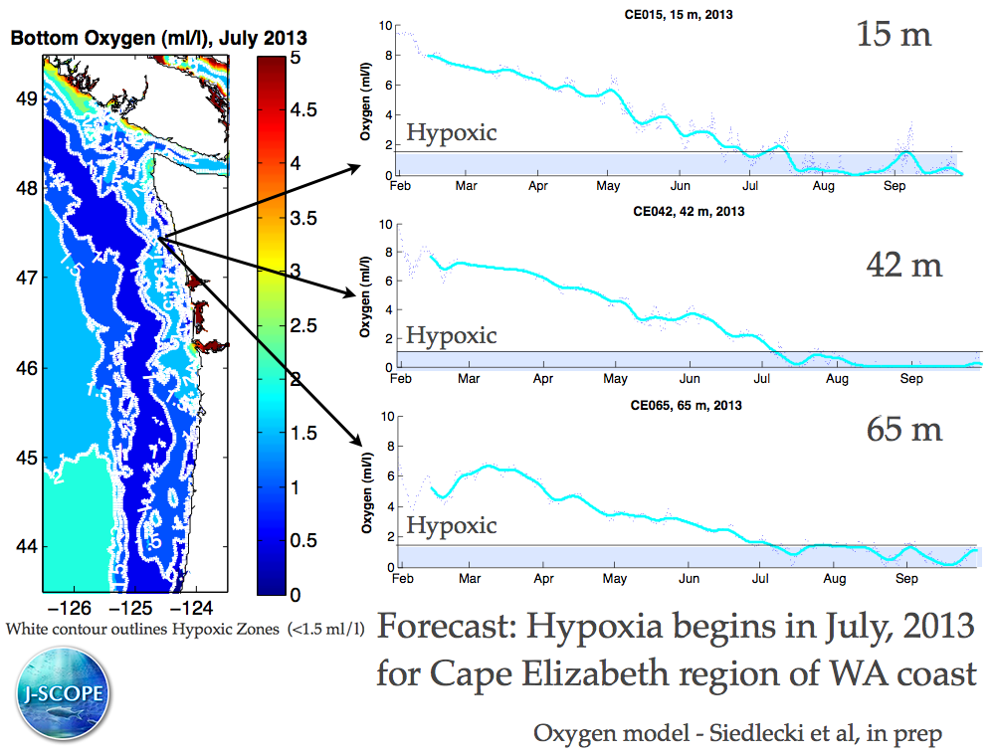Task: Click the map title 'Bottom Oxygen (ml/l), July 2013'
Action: (158, 38)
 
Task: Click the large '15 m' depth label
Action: (894, 36)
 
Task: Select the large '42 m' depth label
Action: (904, 265)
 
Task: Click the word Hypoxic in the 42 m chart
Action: (451, 335)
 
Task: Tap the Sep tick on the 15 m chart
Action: (896, 185)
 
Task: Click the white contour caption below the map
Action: (184, 629)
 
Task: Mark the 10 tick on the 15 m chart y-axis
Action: (385, 24)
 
